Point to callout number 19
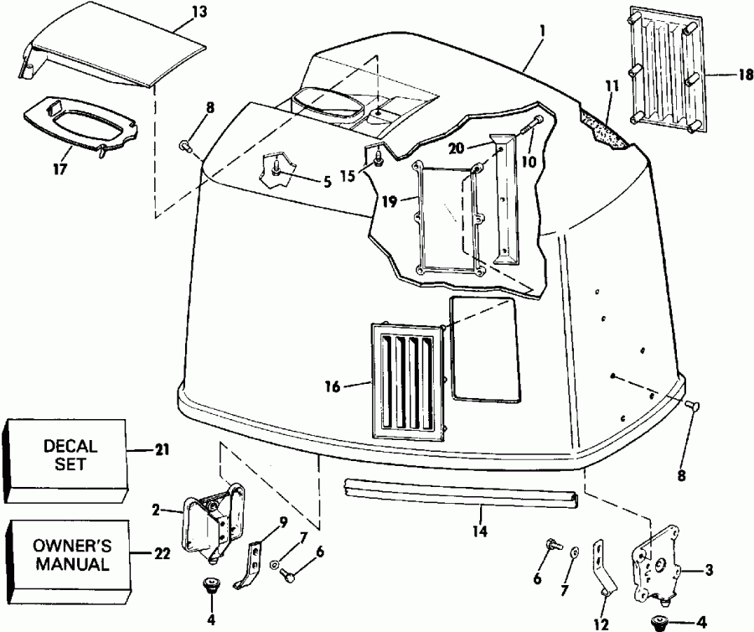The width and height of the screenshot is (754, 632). point(388,202)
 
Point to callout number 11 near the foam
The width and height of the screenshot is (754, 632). point(610,85)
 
